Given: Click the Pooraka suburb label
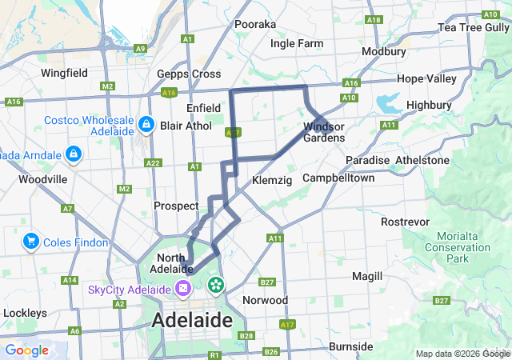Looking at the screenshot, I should [x=255, y=25].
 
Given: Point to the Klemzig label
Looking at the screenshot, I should [x=268, y=181].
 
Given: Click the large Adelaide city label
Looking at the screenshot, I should [x=192, y=321].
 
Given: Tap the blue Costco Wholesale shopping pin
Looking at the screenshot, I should [x=146, y=125].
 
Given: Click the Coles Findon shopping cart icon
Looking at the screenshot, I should [x=32, y=240].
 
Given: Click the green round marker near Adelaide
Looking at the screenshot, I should [x=216, y=285].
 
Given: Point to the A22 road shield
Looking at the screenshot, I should [x=153, y=163].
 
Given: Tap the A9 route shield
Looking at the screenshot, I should [x=141, y=49].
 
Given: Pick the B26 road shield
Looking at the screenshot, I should [x=271, y=352].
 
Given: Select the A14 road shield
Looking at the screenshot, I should [x=70, y=280].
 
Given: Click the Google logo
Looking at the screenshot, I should [x=26, y=350].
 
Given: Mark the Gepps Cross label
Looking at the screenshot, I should [x=189, y=74].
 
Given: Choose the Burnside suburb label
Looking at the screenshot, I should [x=350, y=346].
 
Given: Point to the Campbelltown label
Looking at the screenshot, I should [x=338, y=178].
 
